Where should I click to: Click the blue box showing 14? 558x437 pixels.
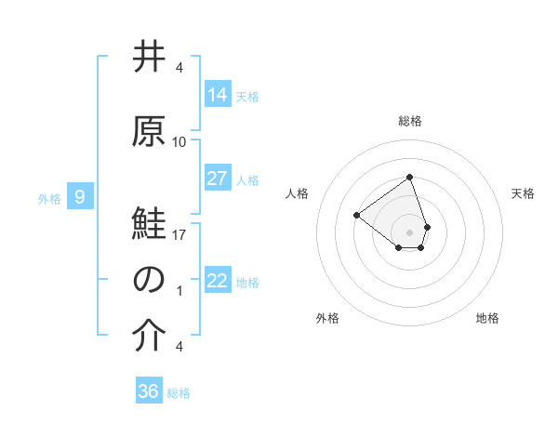[x=218, y=95]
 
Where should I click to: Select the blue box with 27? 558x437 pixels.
[x=218, y=179]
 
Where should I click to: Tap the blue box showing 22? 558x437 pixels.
[x=218, y=281]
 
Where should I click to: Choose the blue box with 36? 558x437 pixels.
[x=149, y=391]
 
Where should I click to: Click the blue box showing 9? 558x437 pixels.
[x=81, y=196]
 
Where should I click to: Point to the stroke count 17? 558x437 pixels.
[x=179, y=235]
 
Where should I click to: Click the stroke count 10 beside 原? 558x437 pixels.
[x=179, y=142]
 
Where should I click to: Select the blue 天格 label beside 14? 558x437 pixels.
[x=247, y=96]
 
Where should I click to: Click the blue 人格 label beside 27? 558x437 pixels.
[x=247, y=179]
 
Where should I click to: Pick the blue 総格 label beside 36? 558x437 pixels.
[x=179, y=392]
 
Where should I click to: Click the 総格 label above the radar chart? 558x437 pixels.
[x=409, y=121]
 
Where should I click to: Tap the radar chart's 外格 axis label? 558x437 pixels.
[x=327, y=318]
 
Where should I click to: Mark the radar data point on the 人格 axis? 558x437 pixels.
[x=356, y=216]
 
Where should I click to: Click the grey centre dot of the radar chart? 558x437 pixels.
[x=409, y=232]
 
